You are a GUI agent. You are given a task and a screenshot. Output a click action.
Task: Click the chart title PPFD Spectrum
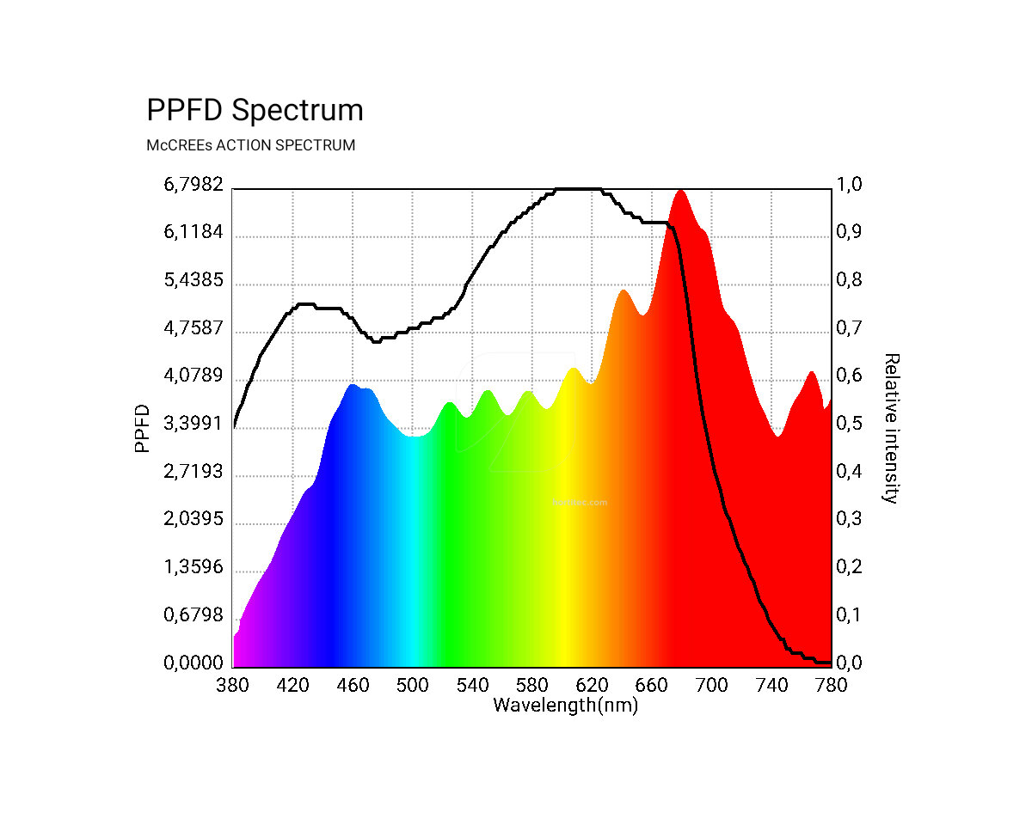point(255,111)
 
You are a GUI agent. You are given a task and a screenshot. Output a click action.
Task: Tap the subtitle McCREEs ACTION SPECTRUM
point(250,145)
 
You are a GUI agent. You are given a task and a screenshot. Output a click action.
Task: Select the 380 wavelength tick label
point(233,685)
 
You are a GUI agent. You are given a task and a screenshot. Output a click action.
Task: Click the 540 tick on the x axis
point(472,685)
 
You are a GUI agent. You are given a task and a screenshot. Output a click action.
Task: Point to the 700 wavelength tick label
point(711,685)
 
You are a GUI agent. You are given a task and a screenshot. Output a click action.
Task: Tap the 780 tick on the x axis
point(831,685)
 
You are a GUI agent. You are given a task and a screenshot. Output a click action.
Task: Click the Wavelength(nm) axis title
point(565,706)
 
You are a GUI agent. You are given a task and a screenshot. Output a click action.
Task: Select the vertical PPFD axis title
point(143,428)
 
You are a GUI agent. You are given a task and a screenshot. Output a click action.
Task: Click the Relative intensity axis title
point(892,428)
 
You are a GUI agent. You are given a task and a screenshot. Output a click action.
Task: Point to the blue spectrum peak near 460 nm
point(352,387)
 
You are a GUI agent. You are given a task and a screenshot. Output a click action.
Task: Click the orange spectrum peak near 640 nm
point(623,292)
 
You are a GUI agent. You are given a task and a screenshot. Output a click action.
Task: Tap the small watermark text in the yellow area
point(579,502)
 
